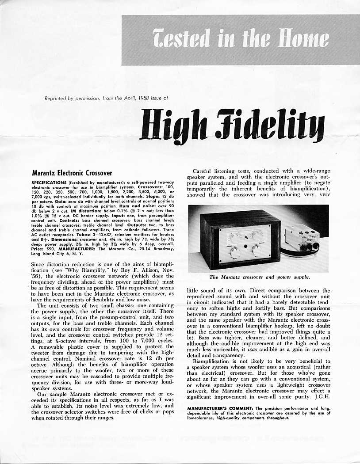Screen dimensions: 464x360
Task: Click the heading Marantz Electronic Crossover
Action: (73, 173)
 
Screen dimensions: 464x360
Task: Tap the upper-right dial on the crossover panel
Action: (257, 235)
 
